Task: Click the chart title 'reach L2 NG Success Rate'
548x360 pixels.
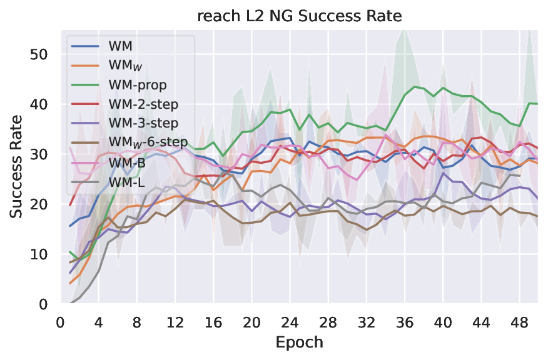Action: [298, 16]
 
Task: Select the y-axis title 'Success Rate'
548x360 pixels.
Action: [16, 166]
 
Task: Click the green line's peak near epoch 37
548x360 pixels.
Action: [415, 86]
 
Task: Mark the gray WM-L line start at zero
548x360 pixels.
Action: [70, 303]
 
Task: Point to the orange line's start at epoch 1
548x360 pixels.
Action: [70, 283]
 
